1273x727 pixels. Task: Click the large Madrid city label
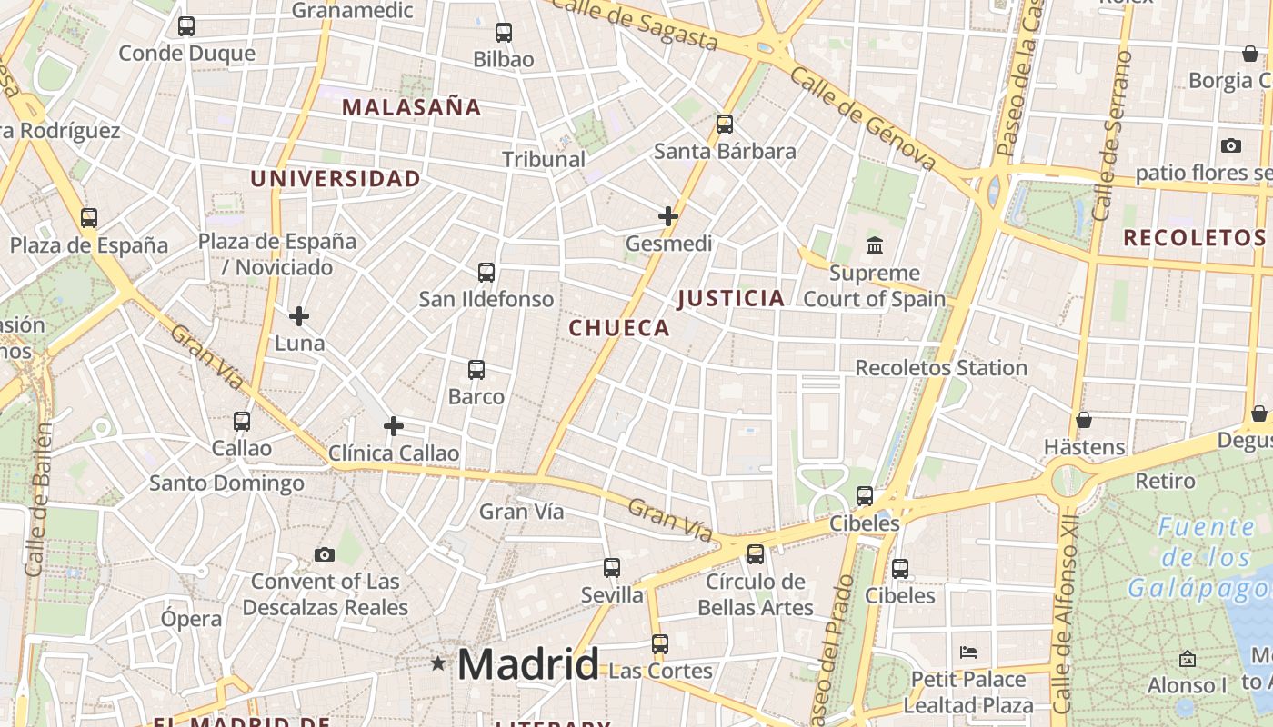pos(528,664)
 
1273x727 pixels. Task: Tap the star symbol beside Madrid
pos(438,663)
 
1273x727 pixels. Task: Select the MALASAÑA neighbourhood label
pos(411,107)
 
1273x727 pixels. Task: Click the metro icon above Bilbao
pos(504,33)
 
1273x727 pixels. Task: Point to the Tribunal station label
pos(544,159)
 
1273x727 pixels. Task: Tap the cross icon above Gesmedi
pos(668,216)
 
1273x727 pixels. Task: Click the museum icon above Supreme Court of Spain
pos(875,245)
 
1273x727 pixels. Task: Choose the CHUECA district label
pos(619,328)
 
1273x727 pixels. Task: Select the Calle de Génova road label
pos(862,119)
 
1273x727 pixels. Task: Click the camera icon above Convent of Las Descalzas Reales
pos(325,554)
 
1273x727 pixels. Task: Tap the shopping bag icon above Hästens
pos(1084,420)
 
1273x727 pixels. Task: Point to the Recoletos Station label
pos(941,368)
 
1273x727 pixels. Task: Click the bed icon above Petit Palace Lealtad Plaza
pos(968,652)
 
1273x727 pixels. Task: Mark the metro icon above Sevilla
pos(612,568)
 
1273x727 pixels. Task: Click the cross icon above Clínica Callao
pos(394,425)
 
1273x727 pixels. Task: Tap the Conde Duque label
pos(187,54)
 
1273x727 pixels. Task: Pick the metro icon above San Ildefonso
pos(486,272)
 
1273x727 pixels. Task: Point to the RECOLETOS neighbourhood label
pos(1194,238)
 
